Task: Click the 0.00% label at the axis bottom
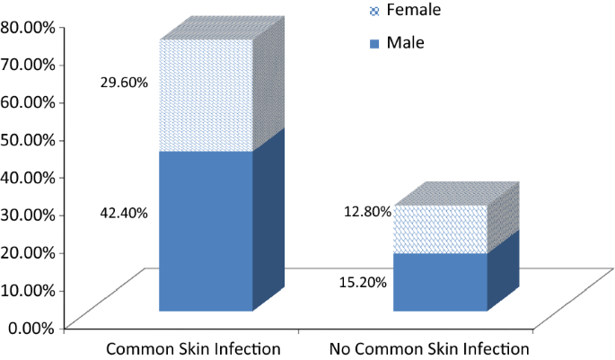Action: click(x=31, y=327)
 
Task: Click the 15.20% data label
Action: click(x=364, y=282)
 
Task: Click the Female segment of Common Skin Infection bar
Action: click(x=206, y=95)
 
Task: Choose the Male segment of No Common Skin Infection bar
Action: click(x=440, y=282)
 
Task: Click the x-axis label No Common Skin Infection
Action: click(x=429, y=348)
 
